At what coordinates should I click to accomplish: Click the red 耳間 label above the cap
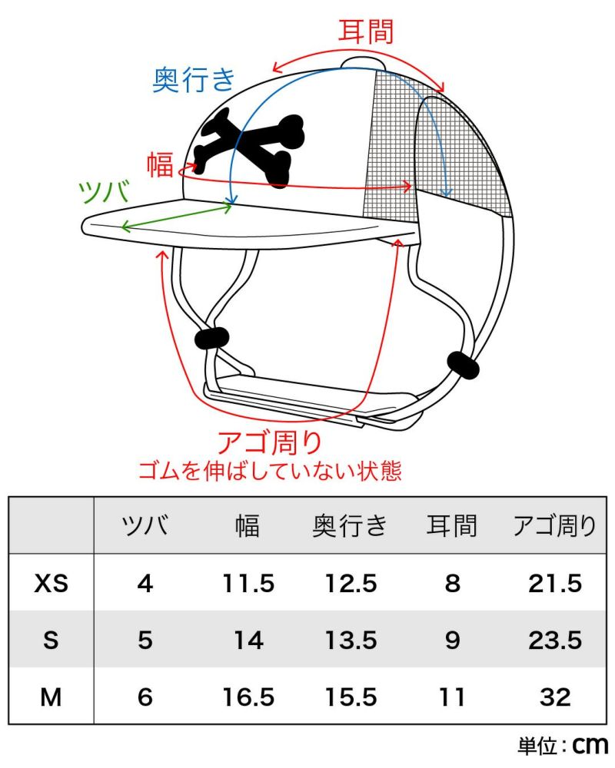(x=366, y=31)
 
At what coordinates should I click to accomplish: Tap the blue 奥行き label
(x=194, y=79)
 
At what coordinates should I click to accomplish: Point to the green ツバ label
(x=105, y=191)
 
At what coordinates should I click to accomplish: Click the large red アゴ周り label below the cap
(x=270, y=443)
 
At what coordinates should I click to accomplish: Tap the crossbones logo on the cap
(x=249, y=147)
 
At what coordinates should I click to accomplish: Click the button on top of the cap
(x=364, y=63)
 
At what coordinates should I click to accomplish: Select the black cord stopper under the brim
(x=212, y=339)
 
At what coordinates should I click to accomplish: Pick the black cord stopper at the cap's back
(x=464, y=366)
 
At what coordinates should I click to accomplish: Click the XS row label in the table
(x=51, y=583)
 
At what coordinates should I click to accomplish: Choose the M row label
(x=51, y=697)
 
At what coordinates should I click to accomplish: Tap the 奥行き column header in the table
(x=351, y=525)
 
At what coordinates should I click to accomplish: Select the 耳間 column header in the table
(x=452, y=525)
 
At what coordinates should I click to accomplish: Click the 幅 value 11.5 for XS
(x=248, y=584)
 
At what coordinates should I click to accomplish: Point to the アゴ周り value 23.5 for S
(x=555, y=641)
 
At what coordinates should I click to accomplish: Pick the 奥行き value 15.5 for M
(x=351, y=697)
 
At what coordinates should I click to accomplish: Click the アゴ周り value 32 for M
(x=555, y=697)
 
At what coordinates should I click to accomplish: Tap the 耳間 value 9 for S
(x=452, y=641)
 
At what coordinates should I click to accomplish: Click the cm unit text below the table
(x=590, y=746)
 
